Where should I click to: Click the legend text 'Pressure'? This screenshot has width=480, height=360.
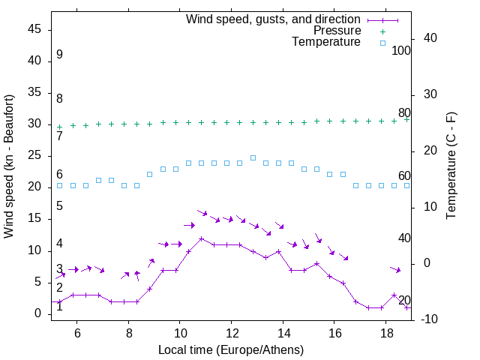click(337, 31)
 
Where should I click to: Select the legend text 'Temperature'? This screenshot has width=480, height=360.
click(326, 42)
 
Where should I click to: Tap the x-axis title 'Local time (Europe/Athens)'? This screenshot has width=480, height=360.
click(232, 349)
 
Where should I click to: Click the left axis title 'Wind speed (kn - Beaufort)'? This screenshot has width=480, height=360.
click(9, 166)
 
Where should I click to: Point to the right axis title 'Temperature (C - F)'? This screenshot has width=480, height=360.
click(451, 166)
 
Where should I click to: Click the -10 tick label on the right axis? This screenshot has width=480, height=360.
click(430, 319)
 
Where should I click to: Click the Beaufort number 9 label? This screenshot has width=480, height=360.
click(59, 55)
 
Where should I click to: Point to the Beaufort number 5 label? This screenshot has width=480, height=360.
click(59, 206)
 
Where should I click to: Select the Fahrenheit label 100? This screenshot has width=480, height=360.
click(401, 50)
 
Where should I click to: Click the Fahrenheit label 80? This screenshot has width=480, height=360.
click(404, 112)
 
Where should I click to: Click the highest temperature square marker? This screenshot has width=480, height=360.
click(253, 157)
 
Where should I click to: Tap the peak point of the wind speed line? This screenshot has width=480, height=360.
click(201, 238)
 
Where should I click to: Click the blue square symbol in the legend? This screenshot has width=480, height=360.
click(382, 43)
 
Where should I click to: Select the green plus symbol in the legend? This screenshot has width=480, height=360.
click(382, 31)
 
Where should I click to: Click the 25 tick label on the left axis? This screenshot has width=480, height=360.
click(34, 155)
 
